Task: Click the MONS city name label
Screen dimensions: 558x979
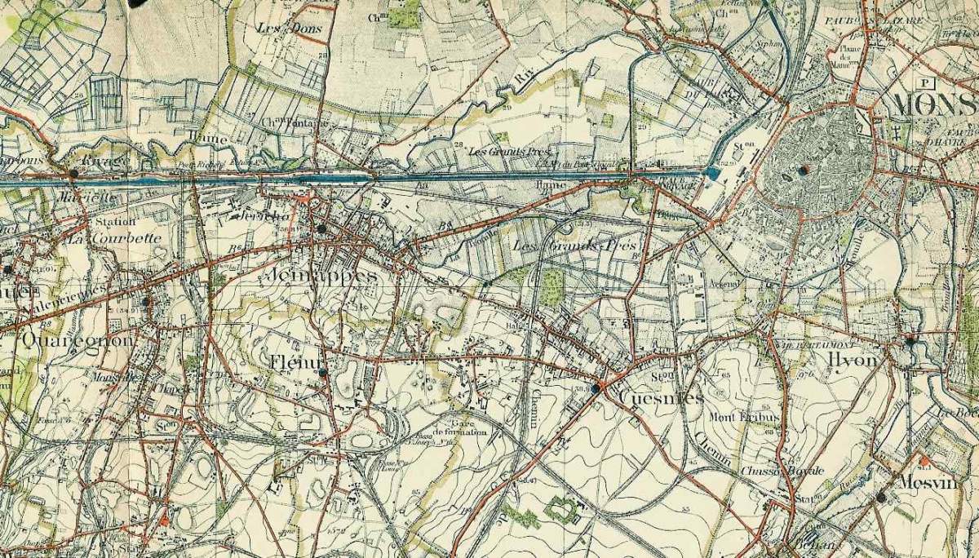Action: pos(933,105)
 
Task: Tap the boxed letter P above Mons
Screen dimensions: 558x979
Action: pos(924,82)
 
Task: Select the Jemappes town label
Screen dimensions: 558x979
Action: pos(321,276)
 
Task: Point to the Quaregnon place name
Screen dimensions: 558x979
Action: pos(78,339)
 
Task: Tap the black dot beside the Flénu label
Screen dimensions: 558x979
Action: pos(323,372)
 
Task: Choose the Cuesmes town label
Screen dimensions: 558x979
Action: pos(661,397)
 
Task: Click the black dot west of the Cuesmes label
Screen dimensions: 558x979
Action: pos(596,389)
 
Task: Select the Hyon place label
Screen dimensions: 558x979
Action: pos(851,360)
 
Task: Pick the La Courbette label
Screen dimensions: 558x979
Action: pos(114,239)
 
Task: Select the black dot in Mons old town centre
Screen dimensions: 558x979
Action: pos(804,170)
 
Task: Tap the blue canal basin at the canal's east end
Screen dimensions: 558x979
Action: pos(712,173)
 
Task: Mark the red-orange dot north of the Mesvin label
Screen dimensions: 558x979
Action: pos(924,461)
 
